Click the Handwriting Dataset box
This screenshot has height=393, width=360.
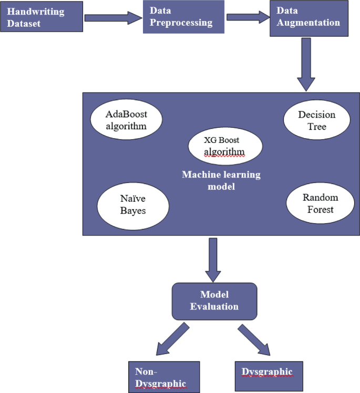click(x=42, y=17)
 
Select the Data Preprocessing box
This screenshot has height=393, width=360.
click(x=183, y=17)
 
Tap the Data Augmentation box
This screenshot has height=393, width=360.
click(x=308, y=18)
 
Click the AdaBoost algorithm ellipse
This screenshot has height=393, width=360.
click(x=126, y=120)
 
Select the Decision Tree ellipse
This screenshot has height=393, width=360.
click(x=316, y=120)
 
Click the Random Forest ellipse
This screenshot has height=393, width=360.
click(x=320, y=204)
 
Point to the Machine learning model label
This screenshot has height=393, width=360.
click(x=221, y=180)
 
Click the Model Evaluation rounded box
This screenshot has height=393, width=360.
click(x=214, y=301)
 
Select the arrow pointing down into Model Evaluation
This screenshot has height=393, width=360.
click(x=213, y=260)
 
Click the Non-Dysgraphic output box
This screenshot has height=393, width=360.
click(x=164, y=377)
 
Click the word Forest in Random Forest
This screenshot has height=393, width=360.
click(x=321, y=210)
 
